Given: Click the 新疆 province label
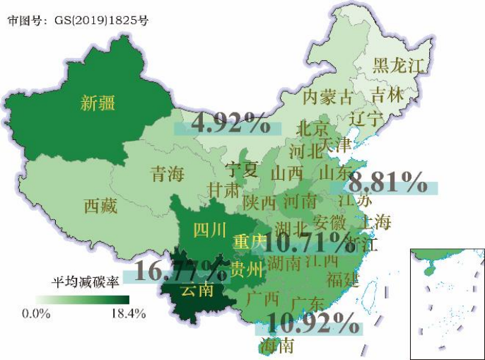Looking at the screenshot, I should click(x=98, y=103).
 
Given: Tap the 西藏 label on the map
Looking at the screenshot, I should click(x=100, y=206).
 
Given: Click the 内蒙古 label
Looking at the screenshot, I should click(x=327, y=98).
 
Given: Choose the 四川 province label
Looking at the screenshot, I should click(x=210, y=229).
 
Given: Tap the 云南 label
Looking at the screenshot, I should click(x=197, y=290).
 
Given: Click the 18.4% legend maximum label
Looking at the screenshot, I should click(x=128, y=313).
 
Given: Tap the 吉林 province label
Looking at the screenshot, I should click(x=387, y=93).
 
